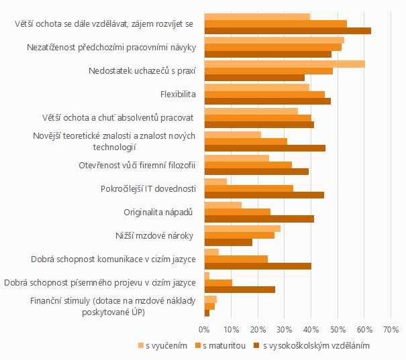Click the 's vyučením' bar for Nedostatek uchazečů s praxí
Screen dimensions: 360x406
[x=284, y=64]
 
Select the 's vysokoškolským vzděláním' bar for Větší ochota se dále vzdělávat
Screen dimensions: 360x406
[x=287, y=31]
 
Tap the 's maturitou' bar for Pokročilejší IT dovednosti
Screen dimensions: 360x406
[x=248, y=188]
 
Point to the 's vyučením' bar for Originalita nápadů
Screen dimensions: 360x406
[x=223, y=204]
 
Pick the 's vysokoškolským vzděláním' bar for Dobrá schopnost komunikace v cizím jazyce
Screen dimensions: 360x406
[x=258, y=265]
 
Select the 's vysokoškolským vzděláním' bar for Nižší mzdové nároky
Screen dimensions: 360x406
[x=228, y=242]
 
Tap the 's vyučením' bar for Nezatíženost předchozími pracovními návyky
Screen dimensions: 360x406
[x=274, y=40]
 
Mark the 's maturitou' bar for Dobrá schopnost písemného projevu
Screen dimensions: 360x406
[x=218, y=282]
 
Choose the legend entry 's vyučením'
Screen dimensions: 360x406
[x=162, y=346]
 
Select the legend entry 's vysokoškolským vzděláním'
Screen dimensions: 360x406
[x=315, y=346]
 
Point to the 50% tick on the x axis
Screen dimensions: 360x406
[x=338, y=329]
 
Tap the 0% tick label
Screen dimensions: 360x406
[x=204, y=329]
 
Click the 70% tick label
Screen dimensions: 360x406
[x=391, y=329]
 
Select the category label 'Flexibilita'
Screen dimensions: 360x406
[x=178, y=94]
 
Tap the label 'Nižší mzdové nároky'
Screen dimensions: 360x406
[x=155, y=235]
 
